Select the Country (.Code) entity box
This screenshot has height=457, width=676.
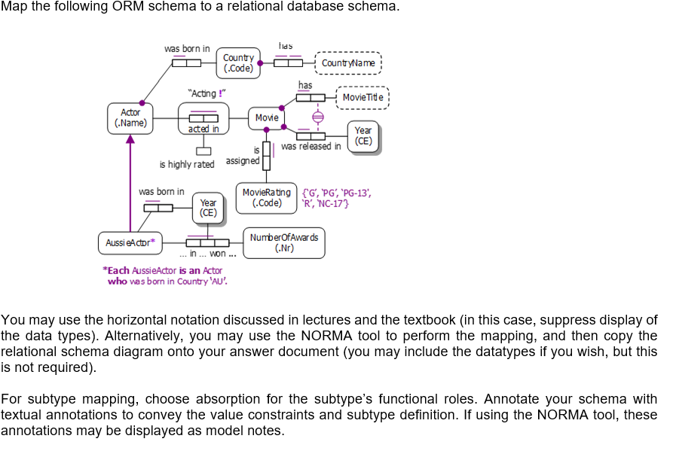click(238, 62)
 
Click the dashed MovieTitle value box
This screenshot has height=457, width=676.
click(362, 97)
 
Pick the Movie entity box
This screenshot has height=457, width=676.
click(266, 118)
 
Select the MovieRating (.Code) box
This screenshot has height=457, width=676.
click(267, 197)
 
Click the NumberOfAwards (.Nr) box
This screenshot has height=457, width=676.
click(283, 242)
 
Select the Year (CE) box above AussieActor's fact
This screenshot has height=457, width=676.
click(208, 208)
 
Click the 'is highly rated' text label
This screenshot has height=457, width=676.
click(186, 164)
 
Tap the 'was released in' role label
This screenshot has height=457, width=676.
click(310, 147)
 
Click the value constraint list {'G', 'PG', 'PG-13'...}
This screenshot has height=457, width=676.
click(335, 197)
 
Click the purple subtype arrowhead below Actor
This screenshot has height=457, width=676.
click(130, 138)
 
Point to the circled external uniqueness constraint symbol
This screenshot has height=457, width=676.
click(317, 117)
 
